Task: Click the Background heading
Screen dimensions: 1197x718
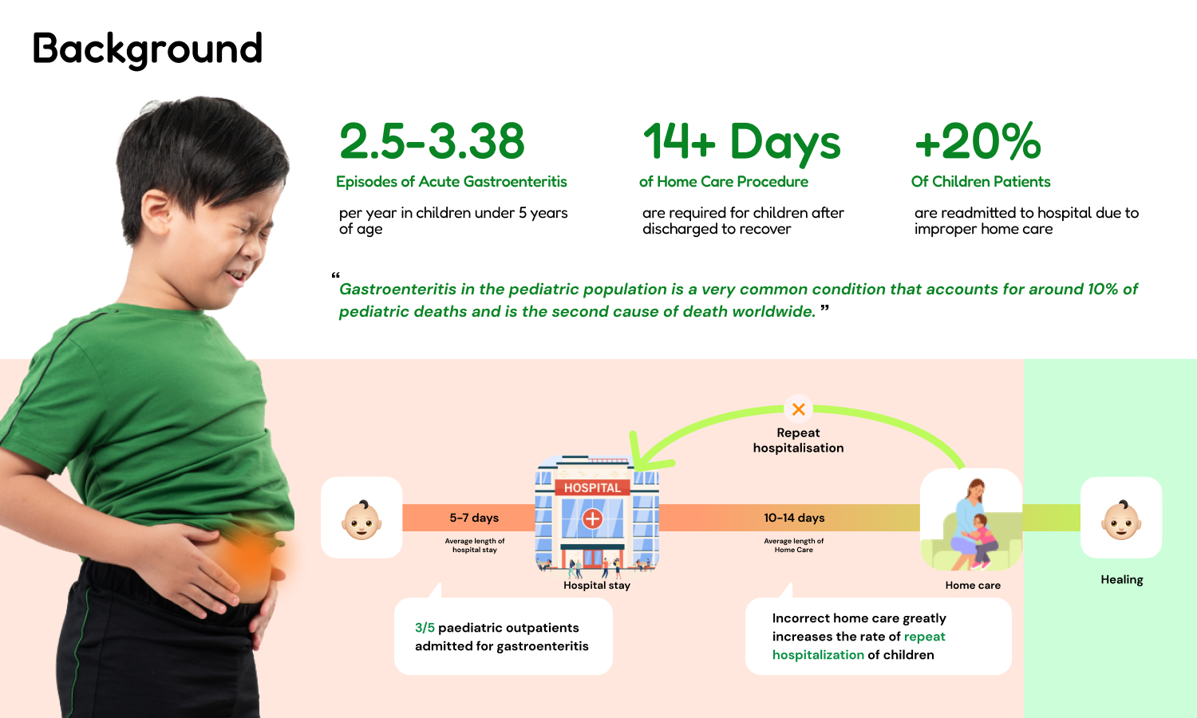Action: tap(148, 49)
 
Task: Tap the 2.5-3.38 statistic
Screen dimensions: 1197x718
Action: tap(432, 141)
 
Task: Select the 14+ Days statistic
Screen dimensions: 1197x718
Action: tap(741, 141)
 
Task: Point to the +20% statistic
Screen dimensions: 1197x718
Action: tap(978, 141)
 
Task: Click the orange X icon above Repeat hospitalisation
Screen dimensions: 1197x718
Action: tap(798, 409)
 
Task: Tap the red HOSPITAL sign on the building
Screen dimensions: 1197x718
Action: tap(593, 487)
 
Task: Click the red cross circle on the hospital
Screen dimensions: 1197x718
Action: tap(592, 519)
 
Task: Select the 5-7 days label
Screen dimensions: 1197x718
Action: tap(474, 518)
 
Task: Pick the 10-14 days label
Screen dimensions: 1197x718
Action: tap(794, 518)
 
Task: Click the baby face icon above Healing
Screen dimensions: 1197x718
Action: tap(1121, 520)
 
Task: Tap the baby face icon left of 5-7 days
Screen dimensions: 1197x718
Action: tap(361, 520)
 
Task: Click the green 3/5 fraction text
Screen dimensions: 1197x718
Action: tap(425, 628)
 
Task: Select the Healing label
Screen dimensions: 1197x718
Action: tap(1122, 580)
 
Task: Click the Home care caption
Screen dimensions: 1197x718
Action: tap(973, 585)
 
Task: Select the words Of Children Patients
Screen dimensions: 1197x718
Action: tap(981, 182)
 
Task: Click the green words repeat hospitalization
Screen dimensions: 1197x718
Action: tap(859, 646)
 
